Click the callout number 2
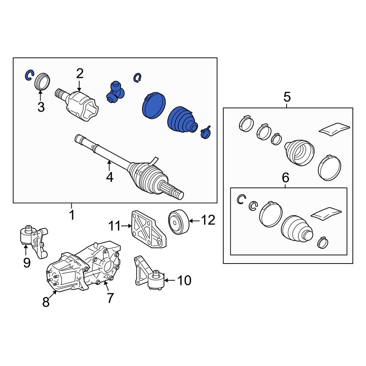(80, 74)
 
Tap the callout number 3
(41, 107)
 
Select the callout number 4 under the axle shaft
(110, 177)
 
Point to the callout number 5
(287, 97)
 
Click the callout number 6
(285, 178)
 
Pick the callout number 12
(208, 220)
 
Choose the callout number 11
(115, 226)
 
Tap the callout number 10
(184, 280)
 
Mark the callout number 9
(27, 263)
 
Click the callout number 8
(46, 302)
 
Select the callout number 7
(110, 298)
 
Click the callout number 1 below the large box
(72, 215)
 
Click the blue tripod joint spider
(115, 92)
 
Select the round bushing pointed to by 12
(179, 222)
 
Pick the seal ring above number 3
(42, 81)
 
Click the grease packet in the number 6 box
(326, 213)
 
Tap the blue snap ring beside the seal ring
(29, 75)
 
